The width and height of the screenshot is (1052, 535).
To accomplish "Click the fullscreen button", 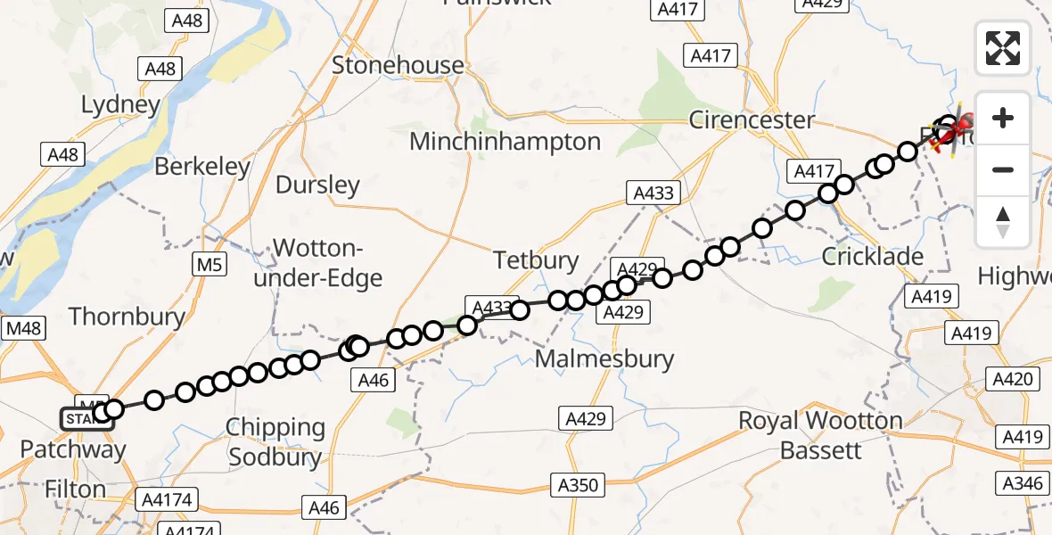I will [1003, 48].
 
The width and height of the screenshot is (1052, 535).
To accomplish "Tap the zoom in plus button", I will [1003, 119].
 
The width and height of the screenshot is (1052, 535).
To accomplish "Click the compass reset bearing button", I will [1003, 222].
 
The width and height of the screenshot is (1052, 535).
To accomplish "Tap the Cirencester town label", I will [752, 119].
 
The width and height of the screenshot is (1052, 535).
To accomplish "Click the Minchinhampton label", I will [505, 141].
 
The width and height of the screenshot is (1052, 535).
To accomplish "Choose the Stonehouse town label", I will [398, 65].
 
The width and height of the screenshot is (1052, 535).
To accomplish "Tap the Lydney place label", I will [120, 105].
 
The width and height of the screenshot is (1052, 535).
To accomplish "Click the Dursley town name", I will [317, 185].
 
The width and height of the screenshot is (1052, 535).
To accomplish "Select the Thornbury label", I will [127, 317].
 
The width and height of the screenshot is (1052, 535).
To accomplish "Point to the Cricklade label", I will [872, 257].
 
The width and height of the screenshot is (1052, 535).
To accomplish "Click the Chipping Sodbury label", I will [275, 442].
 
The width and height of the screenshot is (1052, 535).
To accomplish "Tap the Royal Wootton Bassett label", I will [820, 435].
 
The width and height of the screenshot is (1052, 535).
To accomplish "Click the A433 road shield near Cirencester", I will [654, 192].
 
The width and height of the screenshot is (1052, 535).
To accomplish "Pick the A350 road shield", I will [578, 486].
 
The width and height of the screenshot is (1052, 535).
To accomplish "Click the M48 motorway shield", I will [23, 328].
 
